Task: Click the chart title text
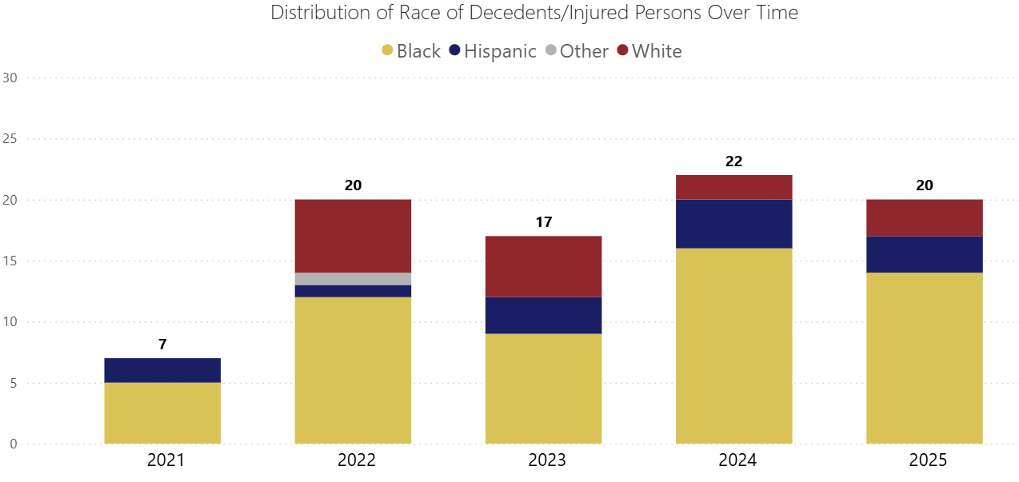pos(534,13)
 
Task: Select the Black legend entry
pos(411,51)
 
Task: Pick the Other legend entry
pos(575,51)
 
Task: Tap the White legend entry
pos(649,51)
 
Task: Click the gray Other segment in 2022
pos(353,279)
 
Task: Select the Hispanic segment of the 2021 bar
pos(162,370)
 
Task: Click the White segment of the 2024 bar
pos(733,187)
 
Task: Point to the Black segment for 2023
pos(544,388)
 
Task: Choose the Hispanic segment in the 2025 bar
pos(925,254)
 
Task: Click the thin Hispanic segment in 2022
pos(353,291)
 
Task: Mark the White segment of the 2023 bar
pos(544,266)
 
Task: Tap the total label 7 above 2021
pos(162,345)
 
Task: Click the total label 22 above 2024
pos(733,161)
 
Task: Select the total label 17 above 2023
pos(544,222)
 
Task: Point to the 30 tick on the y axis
pos(10,78)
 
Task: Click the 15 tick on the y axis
pos(10,261)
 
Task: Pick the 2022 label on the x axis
pos(353,461)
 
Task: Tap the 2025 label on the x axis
pos(925,461)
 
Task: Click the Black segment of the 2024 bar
pos(733,346)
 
